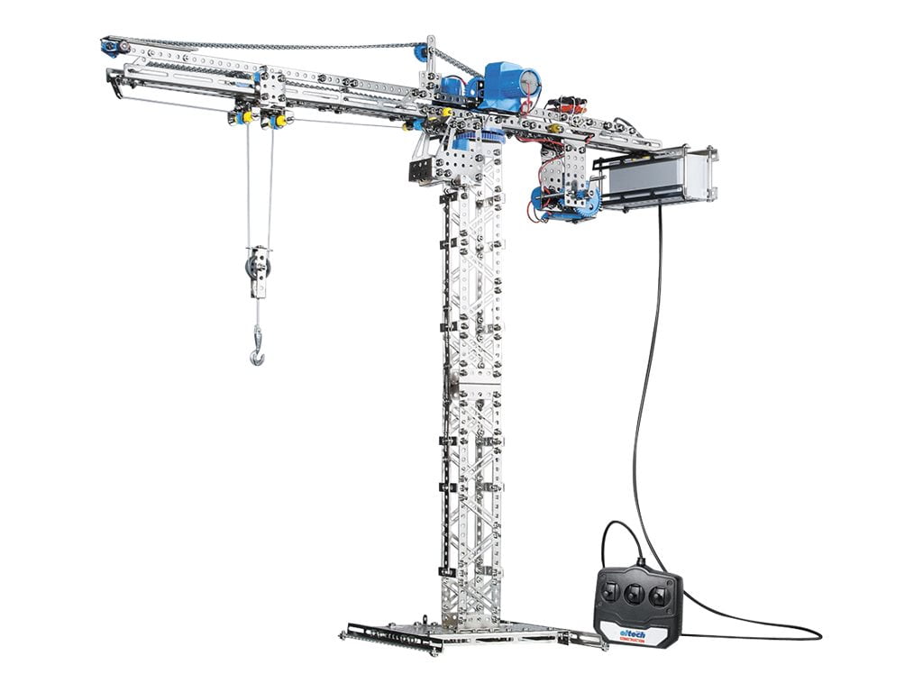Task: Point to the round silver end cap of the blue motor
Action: pos(531,82)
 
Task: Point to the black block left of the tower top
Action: pos(423,171)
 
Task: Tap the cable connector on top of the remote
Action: pos(641,564)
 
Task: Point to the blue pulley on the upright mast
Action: pos(420,52)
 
